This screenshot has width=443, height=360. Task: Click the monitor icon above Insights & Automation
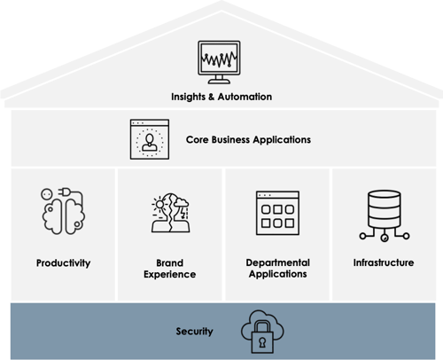219,62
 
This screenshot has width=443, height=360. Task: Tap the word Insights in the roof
188,97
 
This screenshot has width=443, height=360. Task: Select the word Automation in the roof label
245,97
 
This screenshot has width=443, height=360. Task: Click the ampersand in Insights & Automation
212,97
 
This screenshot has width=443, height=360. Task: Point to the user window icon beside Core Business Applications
150,139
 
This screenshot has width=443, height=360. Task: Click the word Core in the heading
198,139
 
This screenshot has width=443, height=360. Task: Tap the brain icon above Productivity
63,211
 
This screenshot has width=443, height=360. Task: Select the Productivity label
64,263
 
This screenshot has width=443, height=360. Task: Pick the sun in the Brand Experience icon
159,204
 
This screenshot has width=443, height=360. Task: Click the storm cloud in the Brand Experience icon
181,203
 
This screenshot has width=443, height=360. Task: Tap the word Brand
170,262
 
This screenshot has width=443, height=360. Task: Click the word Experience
170,274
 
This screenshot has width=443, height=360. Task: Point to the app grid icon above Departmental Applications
277,213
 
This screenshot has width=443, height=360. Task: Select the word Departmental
278,262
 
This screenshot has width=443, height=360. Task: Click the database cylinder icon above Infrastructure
385,215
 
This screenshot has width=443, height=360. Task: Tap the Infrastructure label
384,262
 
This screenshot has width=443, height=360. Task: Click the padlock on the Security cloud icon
262,337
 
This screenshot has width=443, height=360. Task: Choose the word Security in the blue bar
194,332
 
